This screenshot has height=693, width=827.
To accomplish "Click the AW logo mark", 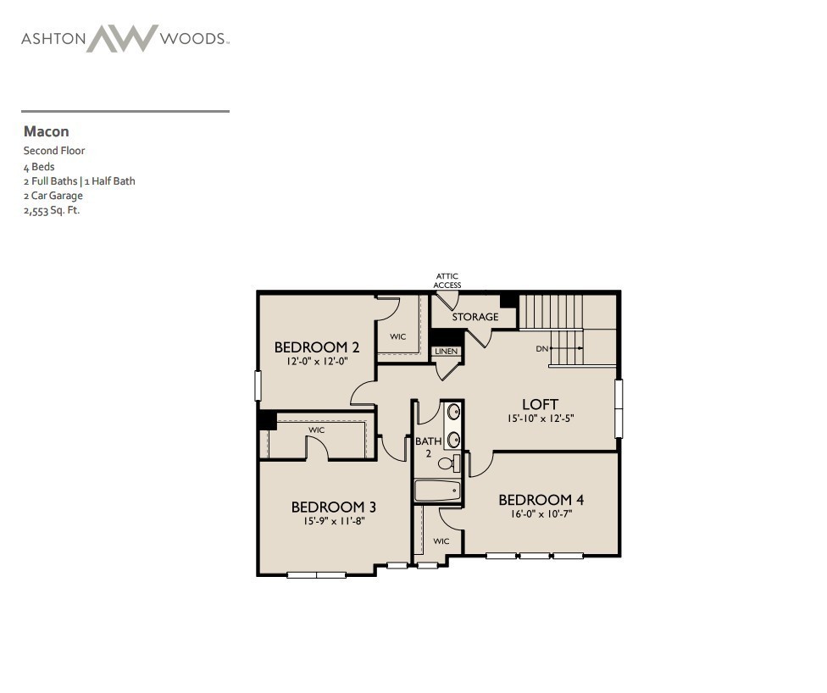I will (122, 38).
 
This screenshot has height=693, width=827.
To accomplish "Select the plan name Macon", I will (47, 131).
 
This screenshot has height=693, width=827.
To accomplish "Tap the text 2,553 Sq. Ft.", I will (52, 210).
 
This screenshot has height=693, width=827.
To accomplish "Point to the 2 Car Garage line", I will (53, 196).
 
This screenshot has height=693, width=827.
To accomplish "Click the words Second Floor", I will (54, 151).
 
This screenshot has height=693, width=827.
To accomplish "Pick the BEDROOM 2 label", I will (317, 346).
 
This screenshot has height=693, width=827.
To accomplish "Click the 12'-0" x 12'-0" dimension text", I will (317, 361).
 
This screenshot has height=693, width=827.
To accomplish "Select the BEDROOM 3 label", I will (334, 507).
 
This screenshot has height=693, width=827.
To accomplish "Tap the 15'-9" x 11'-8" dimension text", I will (334, 521).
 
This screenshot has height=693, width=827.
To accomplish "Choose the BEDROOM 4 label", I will (541, 499).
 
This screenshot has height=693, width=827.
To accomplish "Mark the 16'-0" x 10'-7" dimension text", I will (541, 513).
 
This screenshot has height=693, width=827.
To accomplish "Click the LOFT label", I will (540, 404).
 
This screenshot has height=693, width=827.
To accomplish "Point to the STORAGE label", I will (475, 317).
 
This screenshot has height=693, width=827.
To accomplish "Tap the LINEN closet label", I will (446, 351).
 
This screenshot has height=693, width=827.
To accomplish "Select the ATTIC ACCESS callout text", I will (447, 280).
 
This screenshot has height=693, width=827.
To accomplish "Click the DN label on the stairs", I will (541, 348).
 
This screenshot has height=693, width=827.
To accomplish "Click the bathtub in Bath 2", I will (437, 491).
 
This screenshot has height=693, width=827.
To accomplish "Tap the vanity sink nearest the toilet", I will (454, 439).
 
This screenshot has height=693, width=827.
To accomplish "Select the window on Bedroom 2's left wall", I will (258, 385).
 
